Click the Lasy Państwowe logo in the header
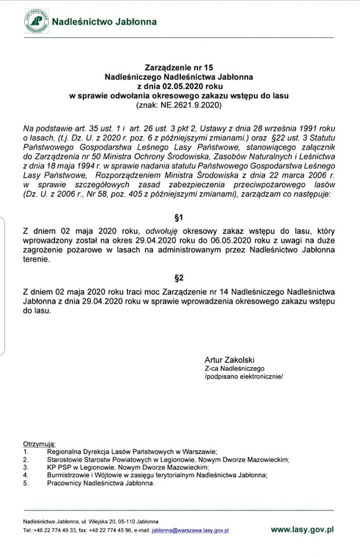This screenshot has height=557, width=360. [34, 20]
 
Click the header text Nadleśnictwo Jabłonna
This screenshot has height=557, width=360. [104, 22]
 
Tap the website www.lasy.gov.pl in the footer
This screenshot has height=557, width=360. [302, 529]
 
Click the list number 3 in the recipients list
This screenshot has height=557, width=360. [26, 466]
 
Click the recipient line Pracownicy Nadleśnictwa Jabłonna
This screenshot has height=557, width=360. [101, 482]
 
